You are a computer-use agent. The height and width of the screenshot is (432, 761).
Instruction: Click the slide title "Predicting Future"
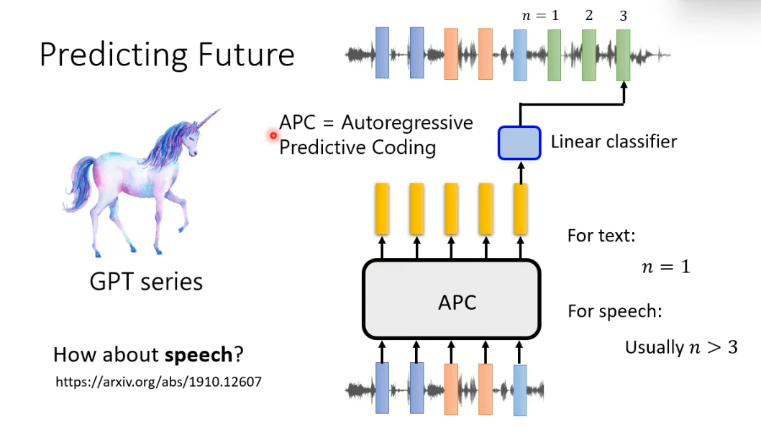pyautogui.click(x=167, y=55)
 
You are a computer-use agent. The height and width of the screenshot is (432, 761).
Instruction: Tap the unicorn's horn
pyautogui.click(x=208, y=119)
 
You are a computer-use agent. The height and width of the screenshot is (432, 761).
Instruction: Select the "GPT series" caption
pyautogui.click(x=146, y=281)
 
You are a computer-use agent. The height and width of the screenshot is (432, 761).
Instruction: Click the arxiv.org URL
pyautogui.click(x=158, y=382)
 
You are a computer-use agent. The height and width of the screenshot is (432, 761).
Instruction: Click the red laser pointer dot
pyautogui.click(x=273, y=135)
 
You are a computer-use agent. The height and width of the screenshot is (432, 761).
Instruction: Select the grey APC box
pyautogui.click(x=451, y=299)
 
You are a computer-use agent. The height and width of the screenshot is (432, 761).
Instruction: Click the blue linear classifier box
pyautogui.click(x=519, y=142)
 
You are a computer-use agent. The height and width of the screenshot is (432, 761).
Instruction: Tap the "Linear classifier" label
pyautogui.click(x=614, y=142)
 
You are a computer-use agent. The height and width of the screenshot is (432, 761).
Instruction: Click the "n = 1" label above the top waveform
pyautogui.click(x=540, y=15)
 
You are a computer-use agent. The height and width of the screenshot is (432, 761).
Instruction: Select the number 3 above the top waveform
pyautogui.click(x=623, y=15)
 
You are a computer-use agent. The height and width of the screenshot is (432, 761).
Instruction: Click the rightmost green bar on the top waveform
pyautogui.click(x=623, y=55)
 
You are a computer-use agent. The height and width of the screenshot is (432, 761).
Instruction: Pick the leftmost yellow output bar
pyautogui.click(x=382, y=208)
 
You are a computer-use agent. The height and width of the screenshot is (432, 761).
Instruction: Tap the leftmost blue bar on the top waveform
pyautogui.click(x=382, y=52)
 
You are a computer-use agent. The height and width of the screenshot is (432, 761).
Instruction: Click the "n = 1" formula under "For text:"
pyautogui.click(x=665, y=266)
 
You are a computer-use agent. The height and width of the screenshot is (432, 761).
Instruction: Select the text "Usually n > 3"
pyautogui.click(x=681, y=348)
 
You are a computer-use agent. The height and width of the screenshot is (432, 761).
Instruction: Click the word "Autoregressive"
pyautogui.click(x=407, y=122)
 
